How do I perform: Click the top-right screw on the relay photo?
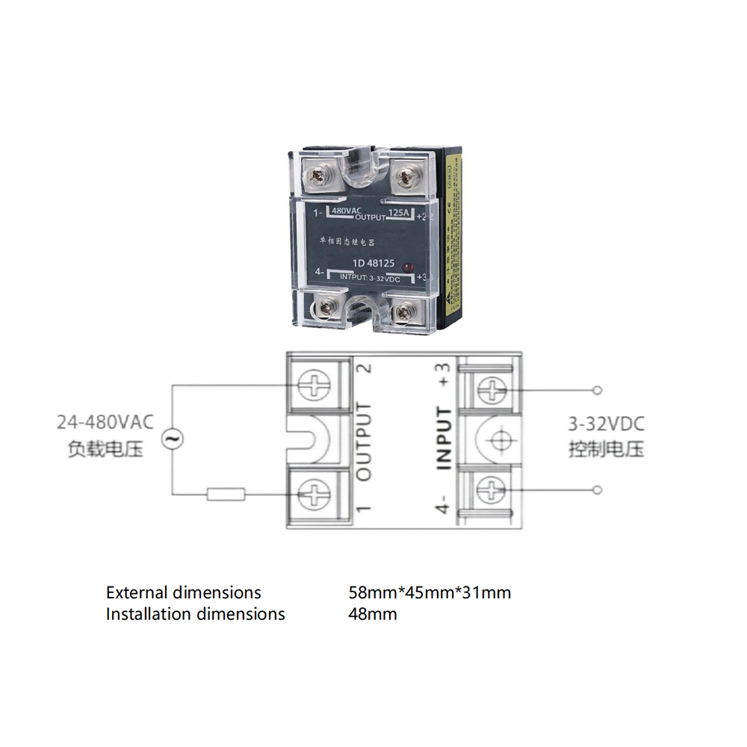point(406,176)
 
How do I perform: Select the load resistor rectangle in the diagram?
point(226,493)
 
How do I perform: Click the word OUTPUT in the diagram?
point(365,441)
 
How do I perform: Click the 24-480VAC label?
point(105,422)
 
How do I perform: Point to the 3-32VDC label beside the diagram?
point(605,424)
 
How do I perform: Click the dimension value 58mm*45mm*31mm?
point(430,593)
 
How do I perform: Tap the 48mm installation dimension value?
point(373,614)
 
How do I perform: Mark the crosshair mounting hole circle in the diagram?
point(492,440)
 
